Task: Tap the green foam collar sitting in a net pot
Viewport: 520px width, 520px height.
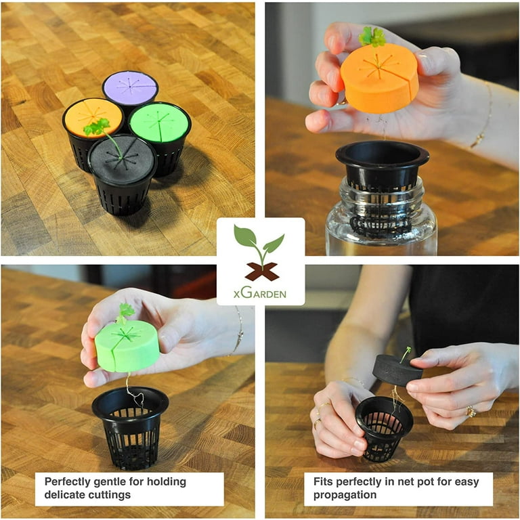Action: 159,123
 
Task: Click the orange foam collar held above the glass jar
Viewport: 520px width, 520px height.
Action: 380,78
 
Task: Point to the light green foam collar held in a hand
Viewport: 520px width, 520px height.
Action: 127,346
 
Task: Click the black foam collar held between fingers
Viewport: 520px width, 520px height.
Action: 397,370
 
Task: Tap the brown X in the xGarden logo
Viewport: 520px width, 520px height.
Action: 262,272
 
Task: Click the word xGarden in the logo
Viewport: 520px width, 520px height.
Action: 260,292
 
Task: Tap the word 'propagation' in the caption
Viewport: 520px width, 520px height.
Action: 345,495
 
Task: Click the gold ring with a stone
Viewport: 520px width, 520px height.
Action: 471,412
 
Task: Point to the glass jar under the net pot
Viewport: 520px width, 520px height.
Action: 381,219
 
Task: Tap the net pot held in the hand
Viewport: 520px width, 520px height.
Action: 385,428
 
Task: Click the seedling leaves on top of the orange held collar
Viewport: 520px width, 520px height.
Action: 372,37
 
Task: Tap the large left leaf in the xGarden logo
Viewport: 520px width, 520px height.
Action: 244,236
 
